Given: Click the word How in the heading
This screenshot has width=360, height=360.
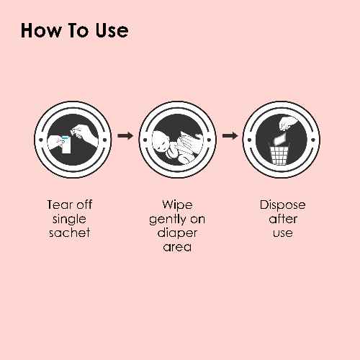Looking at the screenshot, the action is [41, 30].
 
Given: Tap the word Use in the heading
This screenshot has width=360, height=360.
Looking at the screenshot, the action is [112, 30].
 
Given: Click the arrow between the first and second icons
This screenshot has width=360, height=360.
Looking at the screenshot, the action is [125, 136].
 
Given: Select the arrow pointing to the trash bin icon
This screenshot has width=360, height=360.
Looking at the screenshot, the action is [230, 136].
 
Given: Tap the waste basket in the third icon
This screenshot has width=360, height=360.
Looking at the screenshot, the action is [279, 156].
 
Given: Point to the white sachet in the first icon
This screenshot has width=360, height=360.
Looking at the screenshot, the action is [66, 145].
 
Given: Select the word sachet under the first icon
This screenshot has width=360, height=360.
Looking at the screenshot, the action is [69, 233].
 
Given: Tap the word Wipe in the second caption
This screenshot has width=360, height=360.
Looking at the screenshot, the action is [177, 204].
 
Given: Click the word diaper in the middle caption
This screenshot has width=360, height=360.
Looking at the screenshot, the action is [177, 233].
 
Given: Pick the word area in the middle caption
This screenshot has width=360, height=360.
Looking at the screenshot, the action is [177, 247].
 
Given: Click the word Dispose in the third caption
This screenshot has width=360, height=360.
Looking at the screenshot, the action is [282, 205].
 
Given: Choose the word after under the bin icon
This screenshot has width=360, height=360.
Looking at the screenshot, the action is [283, 219].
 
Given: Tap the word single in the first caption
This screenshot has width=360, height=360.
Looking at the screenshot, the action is [69, 220].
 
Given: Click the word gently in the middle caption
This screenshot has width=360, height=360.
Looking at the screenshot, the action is [168, 220].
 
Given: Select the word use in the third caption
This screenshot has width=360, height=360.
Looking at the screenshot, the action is [283, 233].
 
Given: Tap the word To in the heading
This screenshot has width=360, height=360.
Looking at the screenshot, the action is [78, 30].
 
